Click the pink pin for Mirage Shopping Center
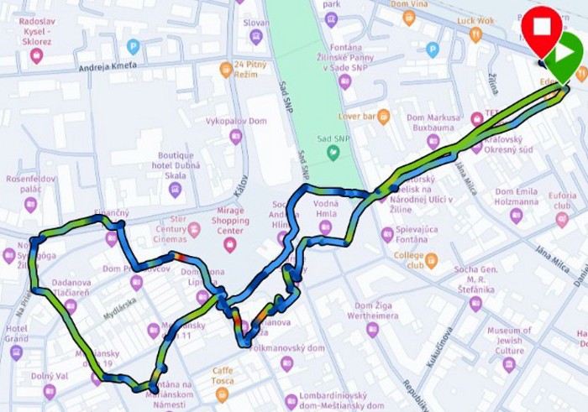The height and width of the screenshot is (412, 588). [229, 245]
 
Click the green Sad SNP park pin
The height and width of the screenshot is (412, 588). [333, 152]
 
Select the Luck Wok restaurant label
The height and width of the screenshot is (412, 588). [475, 20]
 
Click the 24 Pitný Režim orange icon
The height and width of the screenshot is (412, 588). [226, 70]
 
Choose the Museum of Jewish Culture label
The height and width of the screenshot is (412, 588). [509, 340]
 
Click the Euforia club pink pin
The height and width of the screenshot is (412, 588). [562, 220]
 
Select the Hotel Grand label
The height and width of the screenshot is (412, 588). [17, 334]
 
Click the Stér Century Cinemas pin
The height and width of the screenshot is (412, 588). [194, 229]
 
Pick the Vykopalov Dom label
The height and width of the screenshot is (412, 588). [235, 121]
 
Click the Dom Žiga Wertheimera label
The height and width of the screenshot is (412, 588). [373, 312]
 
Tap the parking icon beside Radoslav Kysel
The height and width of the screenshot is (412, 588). [133, 47]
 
